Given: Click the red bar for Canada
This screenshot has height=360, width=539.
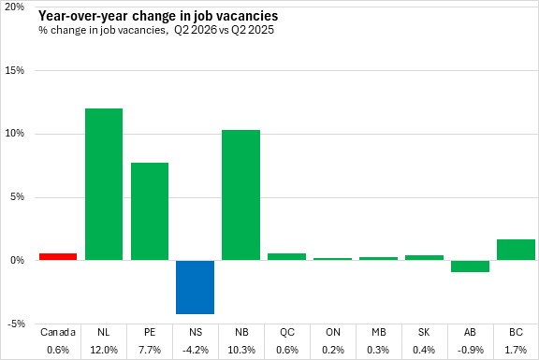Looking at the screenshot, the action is pos(58,256).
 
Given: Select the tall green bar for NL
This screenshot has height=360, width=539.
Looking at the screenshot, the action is pos(104,184).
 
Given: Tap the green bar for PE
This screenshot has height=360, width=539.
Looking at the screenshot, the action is pos(150,211).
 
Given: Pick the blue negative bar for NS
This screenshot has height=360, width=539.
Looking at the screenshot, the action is pos(196,287).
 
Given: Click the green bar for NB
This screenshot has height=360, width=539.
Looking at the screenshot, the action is pos(241,195).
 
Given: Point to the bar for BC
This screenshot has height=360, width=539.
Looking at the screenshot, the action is pos(516,250).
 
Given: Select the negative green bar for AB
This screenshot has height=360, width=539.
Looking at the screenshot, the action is pos(471,266).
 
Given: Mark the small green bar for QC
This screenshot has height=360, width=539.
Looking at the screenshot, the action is pos(286,256).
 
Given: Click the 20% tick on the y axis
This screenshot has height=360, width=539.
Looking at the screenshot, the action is pos(14,7).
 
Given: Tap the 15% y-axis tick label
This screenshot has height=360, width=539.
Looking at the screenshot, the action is pos(14,70).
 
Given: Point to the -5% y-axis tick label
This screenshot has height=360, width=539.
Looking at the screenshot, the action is pos(14,324).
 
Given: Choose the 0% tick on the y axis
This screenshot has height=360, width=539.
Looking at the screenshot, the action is pos(17,260).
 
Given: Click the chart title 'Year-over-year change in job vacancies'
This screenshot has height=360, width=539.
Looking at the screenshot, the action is pos(158,16).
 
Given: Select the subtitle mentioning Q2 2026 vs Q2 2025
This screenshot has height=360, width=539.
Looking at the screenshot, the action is pos(156,30).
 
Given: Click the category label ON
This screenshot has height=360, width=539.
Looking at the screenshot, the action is pos(333,332).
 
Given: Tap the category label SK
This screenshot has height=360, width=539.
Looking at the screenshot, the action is pos(424,332).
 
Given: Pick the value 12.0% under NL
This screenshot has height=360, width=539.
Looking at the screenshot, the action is pos(104,350).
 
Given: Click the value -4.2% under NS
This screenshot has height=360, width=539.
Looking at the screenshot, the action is pos(196,350).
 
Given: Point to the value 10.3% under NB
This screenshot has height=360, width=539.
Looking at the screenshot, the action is pos(241,350).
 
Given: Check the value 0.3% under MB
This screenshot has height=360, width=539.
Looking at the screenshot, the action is pos(378,350).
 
